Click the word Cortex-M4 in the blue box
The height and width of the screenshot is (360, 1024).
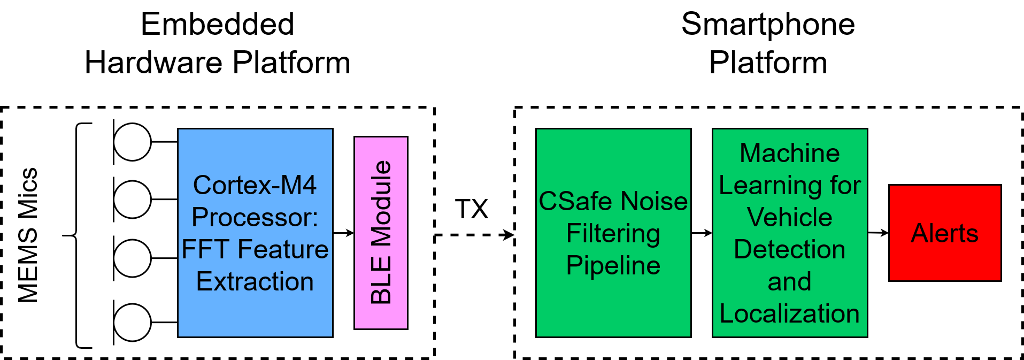click(255, 186)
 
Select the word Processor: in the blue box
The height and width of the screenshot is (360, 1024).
click(255, 218)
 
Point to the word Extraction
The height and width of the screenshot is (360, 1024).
click(255, 282)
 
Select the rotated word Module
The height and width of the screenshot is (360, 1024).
click(381, 204)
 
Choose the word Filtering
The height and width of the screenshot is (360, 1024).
click(613, 234)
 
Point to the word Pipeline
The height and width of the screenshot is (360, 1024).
click(613, 266)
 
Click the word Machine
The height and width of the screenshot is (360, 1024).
click(789, 154)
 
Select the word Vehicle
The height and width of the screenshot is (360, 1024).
click(789, 218)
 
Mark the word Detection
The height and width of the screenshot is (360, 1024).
click(789, 250)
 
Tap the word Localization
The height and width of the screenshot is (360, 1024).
click(789, 314)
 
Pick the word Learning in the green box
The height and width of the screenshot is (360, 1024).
click(771, 186)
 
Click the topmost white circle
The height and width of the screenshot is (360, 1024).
click(132, 142)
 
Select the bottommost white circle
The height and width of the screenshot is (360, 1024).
click(132, 323)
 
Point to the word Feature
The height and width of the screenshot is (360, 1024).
click(283, 250)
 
